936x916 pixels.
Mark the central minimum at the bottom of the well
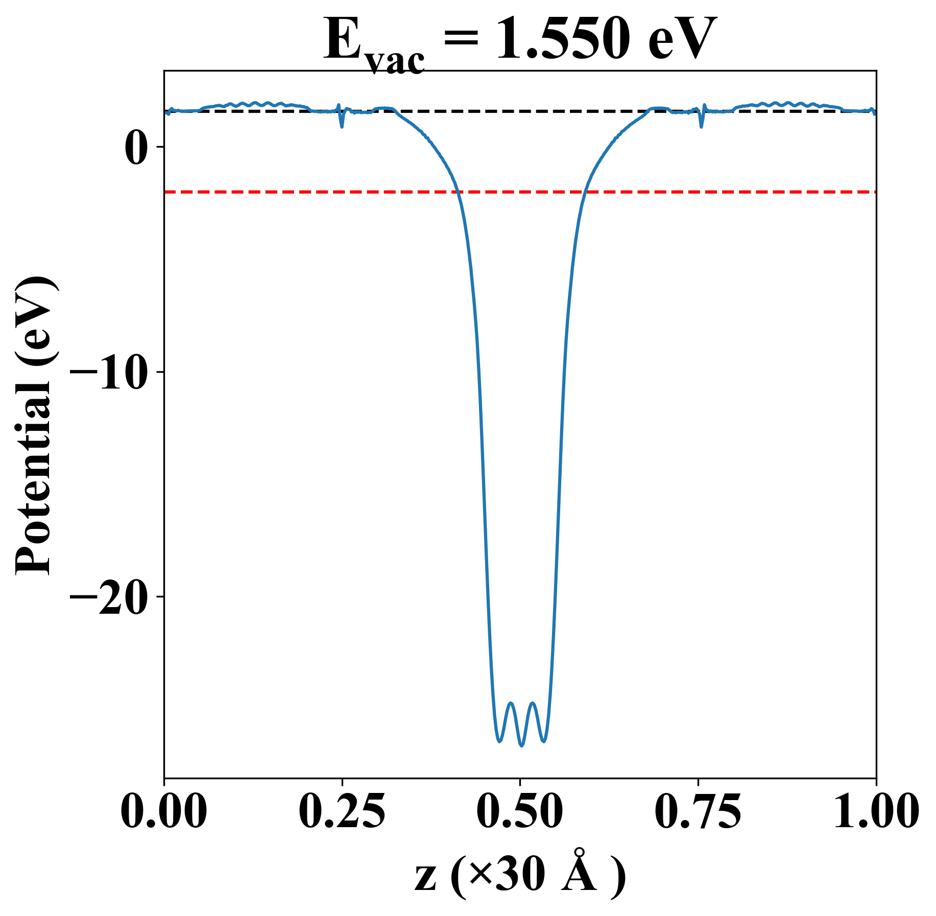(521, 746)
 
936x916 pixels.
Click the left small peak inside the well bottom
(510, 703)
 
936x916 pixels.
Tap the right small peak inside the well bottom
(533, 703)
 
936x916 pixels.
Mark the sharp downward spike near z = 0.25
(342, 126)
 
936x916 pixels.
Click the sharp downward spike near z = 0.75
(701, 126)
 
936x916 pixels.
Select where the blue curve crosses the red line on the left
(459, 192)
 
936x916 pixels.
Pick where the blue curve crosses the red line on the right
(585, 192)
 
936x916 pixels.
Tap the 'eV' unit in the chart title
(682, 40)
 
